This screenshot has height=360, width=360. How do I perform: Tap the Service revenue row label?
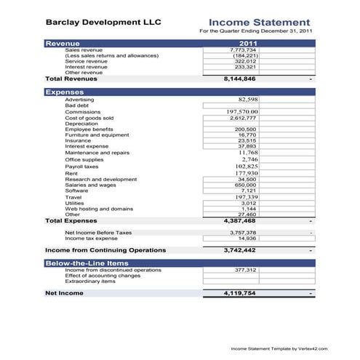tap(86, 61)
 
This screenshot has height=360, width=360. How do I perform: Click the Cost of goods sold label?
tap(89, 118)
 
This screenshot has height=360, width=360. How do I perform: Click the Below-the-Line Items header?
tap(87, 263)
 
